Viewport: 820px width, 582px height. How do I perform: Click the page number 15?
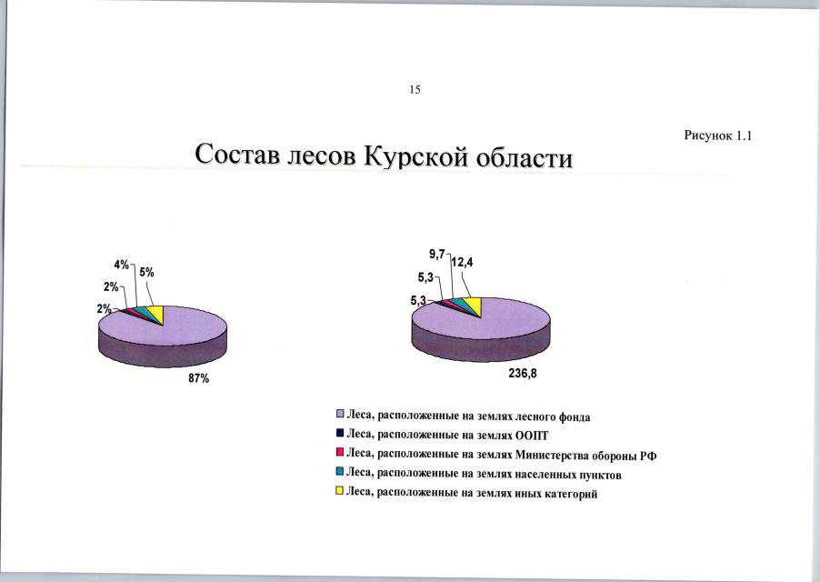pyautogui.click(x=415, y=89)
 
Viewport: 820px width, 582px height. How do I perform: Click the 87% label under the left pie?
pyautogui.click(x=199, y=378)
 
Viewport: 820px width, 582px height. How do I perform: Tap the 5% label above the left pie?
pyautogui.click(x=146, y=271)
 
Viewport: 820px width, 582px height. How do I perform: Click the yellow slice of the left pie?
pyautogui.click(x=155, y=315)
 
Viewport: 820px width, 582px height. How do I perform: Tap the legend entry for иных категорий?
pyautogui.click(x=471, y=493)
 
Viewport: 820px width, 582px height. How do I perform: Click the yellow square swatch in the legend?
pyautogui.click(x=340, y=492)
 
